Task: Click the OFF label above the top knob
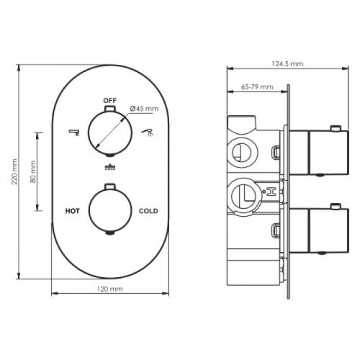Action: tap(110, 100)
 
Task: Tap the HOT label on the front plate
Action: tap(73, 211)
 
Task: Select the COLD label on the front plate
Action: tap(148, 211)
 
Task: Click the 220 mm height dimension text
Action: tap(14, 171)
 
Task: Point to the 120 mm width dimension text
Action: tap(109, 289)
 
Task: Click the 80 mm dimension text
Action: tap(33, 171)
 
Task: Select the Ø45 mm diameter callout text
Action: tap(144, 109)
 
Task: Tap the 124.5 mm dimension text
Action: tap(287, 64)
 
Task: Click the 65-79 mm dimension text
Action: tap(257, 87)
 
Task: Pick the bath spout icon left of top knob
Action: tap(74, 132)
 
